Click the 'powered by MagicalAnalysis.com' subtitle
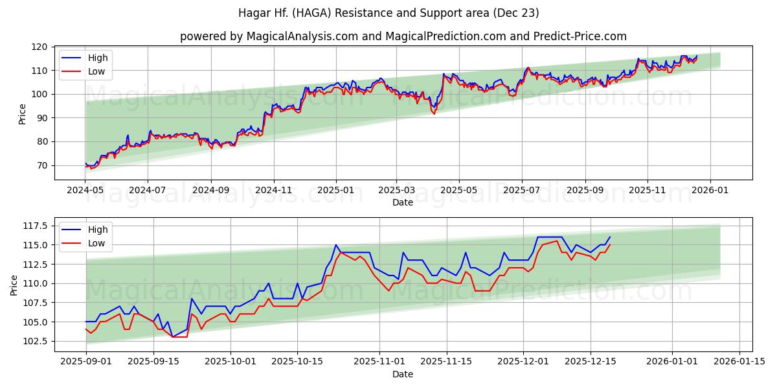[x=403, y=36]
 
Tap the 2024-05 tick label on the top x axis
[x=85, y=191]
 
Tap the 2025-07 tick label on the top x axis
[x=522, y=191]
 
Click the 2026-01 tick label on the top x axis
[x=710, y=191]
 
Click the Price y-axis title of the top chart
[x=23, y=113]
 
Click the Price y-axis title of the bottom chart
[x=14, y=285]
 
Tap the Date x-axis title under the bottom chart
[x=403, y=374]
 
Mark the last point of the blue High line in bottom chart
[x=609, y=237]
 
